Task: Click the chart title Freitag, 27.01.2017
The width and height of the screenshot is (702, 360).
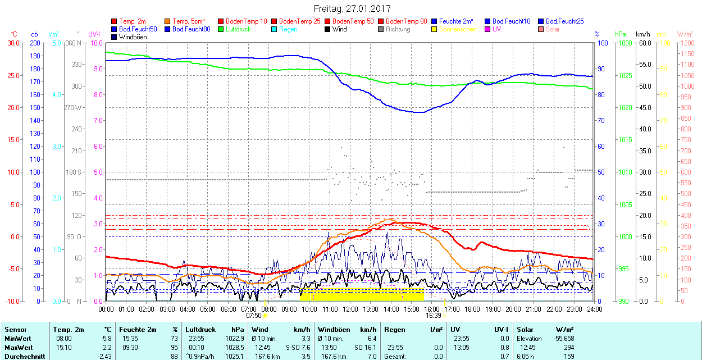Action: (352, 8)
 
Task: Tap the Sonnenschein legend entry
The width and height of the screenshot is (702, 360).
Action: (458, 29)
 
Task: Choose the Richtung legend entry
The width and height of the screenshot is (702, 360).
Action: (398, 29)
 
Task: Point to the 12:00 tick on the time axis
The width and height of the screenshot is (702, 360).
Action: (350, 309)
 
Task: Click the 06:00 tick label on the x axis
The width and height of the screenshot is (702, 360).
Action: (228, 309)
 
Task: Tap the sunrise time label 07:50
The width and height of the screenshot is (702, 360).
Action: (254, 316)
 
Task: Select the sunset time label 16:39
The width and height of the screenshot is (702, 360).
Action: (433, 316)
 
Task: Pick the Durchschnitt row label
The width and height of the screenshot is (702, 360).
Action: (22, 356)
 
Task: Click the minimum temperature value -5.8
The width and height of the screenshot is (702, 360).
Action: (107, 339)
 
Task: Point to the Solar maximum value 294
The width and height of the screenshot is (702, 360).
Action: (568, 347)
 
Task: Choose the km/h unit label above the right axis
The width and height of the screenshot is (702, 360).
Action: (643, 34)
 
